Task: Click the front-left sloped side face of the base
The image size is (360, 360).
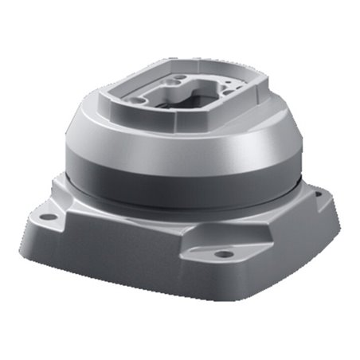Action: [104, 255]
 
